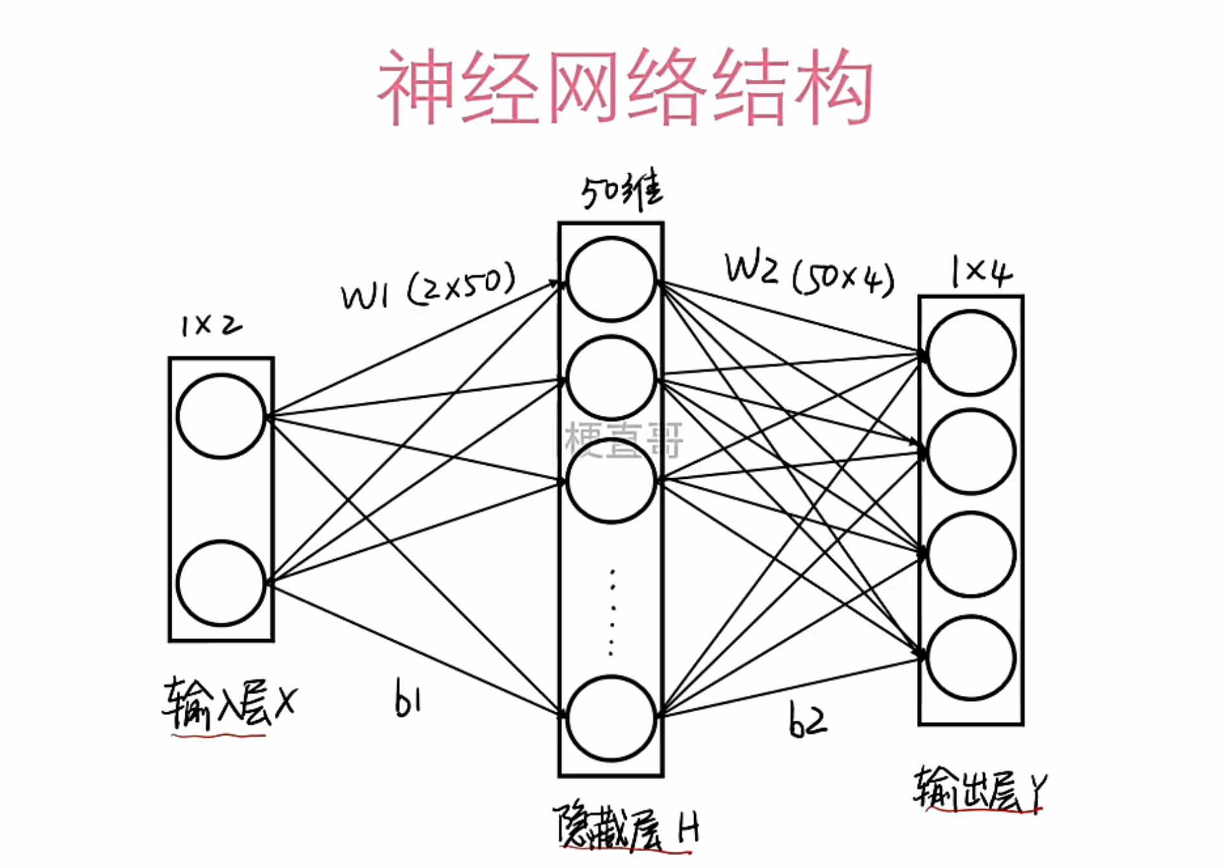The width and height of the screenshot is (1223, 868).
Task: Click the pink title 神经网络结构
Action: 625,87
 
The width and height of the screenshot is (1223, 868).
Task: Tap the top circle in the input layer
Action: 221,416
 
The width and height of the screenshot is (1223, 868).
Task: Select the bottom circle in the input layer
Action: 221,583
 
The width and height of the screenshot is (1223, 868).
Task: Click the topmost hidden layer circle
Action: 611,280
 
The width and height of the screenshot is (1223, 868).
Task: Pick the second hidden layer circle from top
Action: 611,378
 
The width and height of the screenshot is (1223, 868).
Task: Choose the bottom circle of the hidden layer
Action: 611,717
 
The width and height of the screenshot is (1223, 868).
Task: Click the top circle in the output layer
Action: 971,353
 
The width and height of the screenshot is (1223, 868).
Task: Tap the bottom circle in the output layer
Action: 971,658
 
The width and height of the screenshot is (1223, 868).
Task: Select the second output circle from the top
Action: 971,452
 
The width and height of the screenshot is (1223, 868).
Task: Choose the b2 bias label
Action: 808,720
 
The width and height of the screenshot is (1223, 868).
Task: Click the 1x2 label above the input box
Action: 211,325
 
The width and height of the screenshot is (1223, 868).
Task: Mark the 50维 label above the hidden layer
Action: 622,191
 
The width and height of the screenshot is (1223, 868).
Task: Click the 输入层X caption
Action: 228,705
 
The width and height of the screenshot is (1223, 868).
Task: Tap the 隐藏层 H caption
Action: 626,828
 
